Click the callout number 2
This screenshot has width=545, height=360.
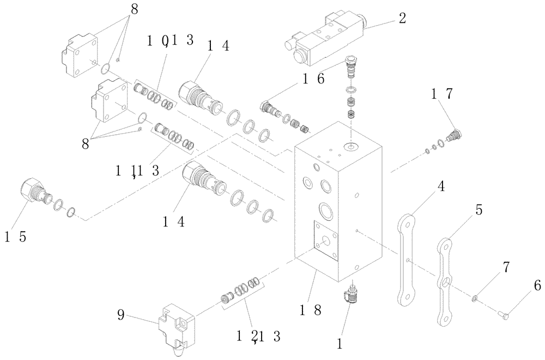[x=402, y=17]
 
